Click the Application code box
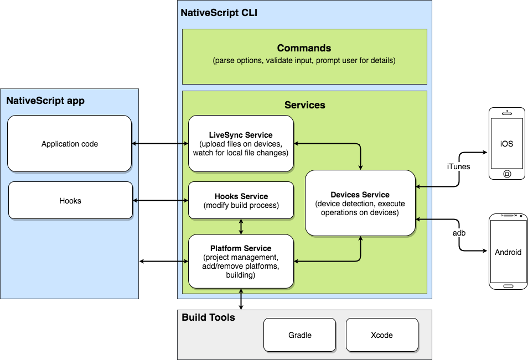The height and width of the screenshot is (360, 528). coord(70,144)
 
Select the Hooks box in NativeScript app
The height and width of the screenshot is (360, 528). coord(70,201)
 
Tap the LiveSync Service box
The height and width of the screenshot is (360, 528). coord(241,144)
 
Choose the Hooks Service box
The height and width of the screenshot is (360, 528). coord(241,201)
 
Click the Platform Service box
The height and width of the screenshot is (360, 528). coord(241,261)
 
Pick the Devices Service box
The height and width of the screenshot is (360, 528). coord(360,204)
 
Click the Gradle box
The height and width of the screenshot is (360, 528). coord(299,335)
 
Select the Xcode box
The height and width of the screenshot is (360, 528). coord(382,335)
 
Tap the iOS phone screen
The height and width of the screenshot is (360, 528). coord(506,144)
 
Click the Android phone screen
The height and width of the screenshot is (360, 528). coord(508,252)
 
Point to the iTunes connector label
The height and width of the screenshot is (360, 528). coord(458,166)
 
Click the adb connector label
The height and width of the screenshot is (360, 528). coord(459,233)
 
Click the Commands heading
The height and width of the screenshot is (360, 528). coord(304,49)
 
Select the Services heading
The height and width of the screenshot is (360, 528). coord(304,105)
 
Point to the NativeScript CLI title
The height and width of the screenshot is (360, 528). coord(219,13)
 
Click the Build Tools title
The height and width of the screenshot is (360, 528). coord(208,317)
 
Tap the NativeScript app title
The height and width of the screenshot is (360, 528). coord(45,101)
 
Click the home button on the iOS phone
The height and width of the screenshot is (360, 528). coord(506,174)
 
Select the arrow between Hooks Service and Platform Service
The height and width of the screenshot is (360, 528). coord(241,226)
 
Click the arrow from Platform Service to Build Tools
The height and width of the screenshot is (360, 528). coord(241,299)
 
